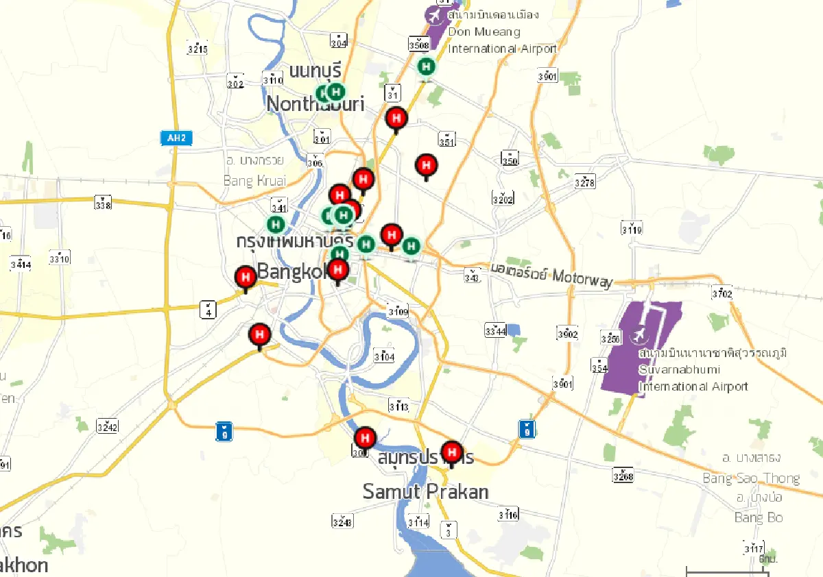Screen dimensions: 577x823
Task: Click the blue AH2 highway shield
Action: click(176, 138)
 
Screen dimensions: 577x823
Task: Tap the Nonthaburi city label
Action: click(315, 104)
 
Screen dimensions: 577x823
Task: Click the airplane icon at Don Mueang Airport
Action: click(434, 14)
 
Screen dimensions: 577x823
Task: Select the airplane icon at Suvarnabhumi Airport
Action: click(639, 336)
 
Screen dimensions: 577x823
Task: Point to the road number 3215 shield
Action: click(198, 49)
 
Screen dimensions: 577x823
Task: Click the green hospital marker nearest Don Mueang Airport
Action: click(427, 66)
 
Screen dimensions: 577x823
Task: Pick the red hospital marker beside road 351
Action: click(427, 165)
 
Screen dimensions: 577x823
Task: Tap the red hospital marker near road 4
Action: click(246, 278)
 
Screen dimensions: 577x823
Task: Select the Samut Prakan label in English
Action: click(425, 491)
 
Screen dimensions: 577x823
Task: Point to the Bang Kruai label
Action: click(254, 181)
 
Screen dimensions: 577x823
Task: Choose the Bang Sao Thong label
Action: click(751, 478)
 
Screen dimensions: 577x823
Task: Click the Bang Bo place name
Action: click(759, 517)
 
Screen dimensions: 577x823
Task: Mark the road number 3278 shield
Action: click(585, 182)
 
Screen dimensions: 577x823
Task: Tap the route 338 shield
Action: click(103, 204)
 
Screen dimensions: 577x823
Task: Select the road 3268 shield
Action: click(623, 475)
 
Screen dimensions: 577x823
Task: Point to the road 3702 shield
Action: click(722, 294)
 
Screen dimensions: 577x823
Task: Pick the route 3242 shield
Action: click(107, 427)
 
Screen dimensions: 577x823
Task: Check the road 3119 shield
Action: click(631, 228)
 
